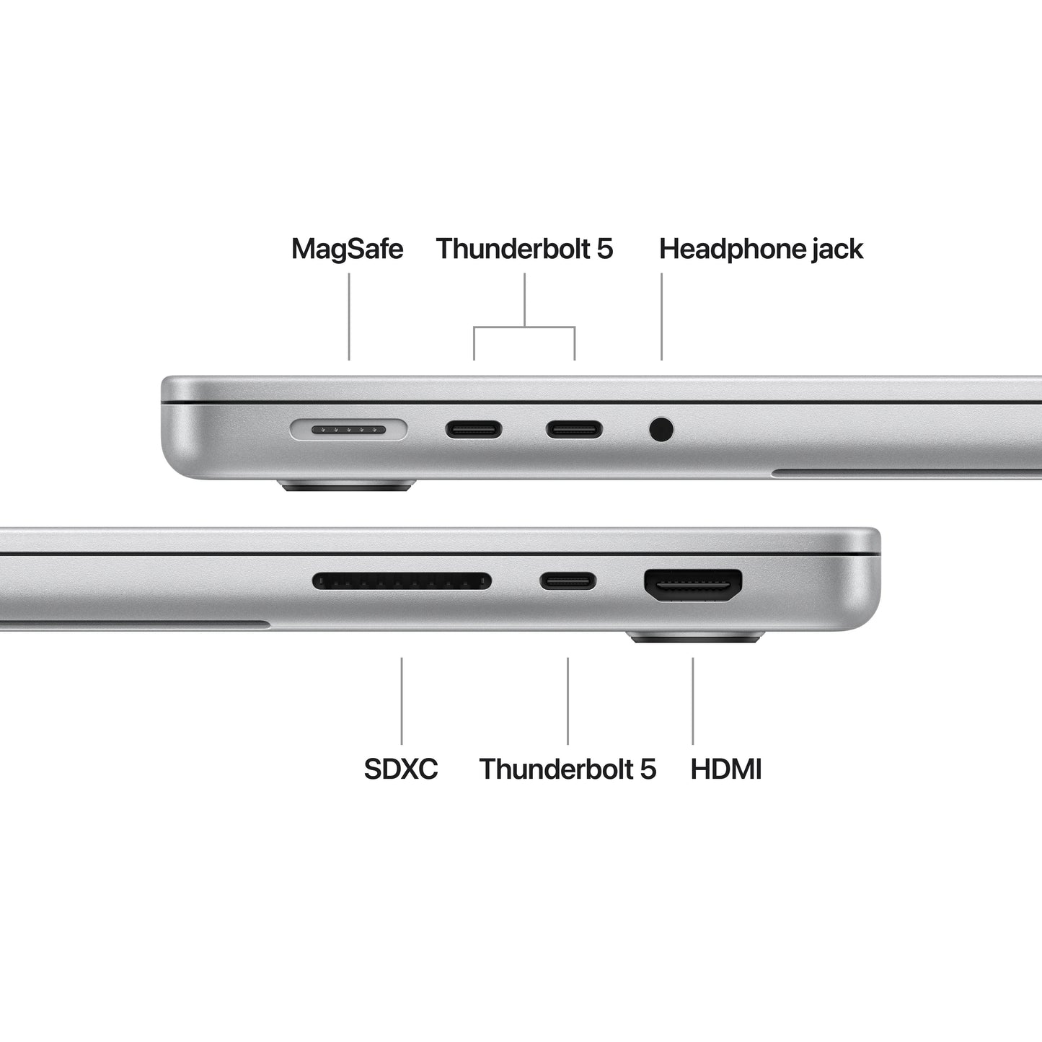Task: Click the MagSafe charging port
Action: tap(349, 431)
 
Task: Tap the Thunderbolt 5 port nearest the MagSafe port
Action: tap(473, 431)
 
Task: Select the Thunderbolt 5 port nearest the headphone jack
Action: tap(573, 431)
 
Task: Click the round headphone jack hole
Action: tap(661, 430)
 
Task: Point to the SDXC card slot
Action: tap(402, 580)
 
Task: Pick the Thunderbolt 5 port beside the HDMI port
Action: tap(568, 580)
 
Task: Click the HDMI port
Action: tap(693, 585)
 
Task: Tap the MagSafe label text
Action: tap(347, 249)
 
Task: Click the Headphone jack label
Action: tap(761, 249)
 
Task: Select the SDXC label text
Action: tap(401, 769)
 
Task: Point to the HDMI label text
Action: tap(726, 769)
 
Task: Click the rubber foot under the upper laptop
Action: tap(348, 485)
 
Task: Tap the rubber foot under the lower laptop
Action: tap(695, 637)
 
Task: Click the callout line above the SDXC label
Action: tap(402, 700)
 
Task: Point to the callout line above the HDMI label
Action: tap(693, 700)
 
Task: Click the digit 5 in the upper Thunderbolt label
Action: tap(604, 249)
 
